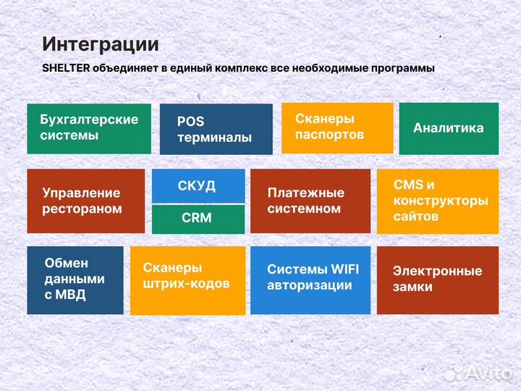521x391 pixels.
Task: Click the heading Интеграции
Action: coord(100,43)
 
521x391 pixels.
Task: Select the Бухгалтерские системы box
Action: coord(89,128)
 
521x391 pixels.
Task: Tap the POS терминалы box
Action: coord(216,129)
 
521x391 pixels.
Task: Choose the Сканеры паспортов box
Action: coord(336,127)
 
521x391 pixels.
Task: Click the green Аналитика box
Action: coord(449,128)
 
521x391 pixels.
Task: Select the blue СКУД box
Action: coord(197,186)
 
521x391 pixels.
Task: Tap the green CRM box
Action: coord(197,219)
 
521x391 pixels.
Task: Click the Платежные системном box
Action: coord(310,201)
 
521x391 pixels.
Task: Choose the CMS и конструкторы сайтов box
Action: coord(438,201)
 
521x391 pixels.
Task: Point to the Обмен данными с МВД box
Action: coord(75,279)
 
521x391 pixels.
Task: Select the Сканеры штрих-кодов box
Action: coord(187,279)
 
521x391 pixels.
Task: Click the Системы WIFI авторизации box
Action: coord(310,279)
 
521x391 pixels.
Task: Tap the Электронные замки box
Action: coord(437,279)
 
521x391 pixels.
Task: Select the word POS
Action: coord(190,122)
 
